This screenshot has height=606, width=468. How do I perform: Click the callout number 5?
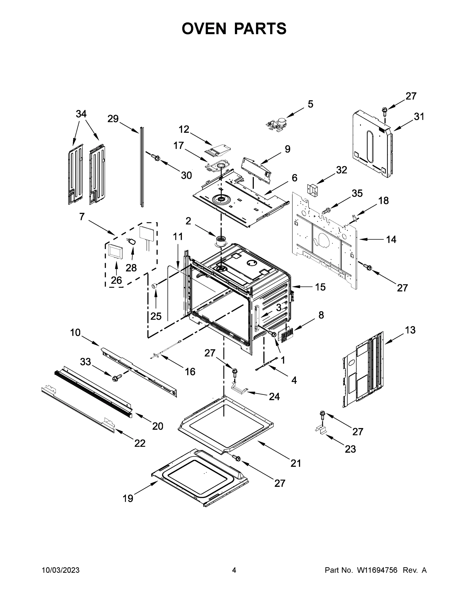point(310,104)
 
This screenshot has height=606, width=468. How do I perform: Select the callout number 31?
point(419,117)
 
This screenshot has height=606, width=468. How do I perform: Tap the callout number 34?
point(81,114)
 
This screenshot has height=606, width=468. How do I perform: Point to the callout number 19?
point(128,499)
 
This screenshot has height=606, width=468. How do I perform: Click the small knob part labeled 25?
point(154,286)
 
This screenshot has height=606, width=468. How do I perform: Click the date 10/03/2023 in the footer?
point(61,570)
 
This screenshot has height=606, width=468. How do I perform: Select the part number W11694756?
point(377,570)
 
